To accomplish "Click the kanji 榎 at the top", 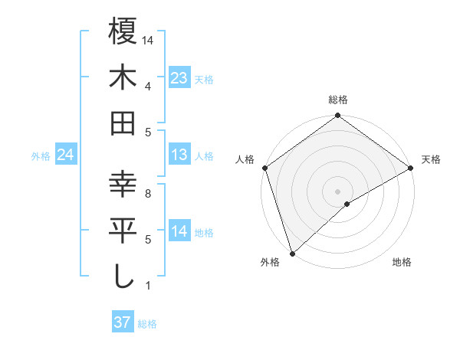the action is pos(123,31).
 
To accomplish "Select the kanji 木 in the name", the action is pos(123,77).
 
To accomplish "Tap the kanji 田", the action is pos(123,123).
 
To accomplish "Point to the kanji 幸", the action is pos(123,186).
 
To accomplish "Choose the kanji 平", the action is pos(123,231).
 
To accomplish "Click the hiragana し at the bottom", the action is pos(123,277).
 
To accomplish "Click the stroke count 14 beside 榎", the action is pos(149,39).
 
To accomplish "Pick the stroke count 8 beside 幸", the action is pos(147,195).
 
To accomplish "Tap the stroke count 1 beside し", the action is pos(147,286).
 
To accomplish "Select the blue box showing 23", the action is pos(179,77).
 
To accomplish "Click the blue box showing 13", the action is pos(179,155).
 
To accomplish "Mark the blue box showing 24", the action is pos(65,155).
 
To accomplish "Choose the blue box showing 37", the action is pos(122,322).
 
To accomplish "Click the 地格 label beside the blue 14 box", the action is pos(204,233).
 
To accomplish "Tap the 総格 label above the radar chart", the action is pos(338,100).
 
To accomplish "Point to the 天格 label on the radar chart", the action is pos(431,159).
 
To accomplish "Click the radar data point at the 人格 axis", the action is pos(264,167).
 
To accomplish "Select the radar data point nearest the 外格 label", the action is pos(292,252).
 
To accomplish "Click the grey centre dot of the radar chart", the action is pos(337,190).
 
